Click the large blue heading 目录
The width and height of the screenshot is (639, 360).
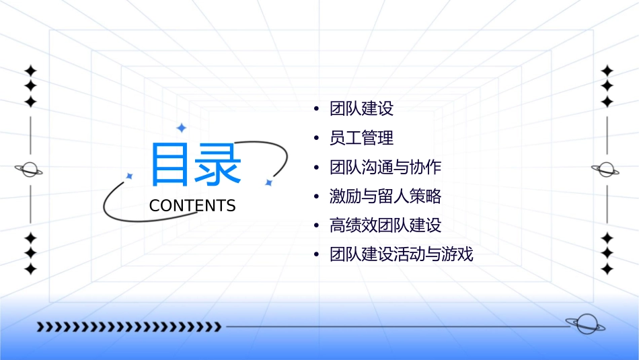pyautogui.click(x=195, y=164)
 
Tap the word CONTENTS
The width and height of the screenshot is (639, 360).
pyautogui.click(x=192, y=206)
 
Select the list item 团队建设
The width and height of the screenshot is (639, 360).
pyautogui.click(x=361, y=109)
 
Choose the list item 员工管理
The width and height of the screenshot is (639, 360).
pyautogui.click(x=361, y=139)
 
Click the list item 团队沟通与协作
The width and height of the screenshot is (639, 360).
pyautogui.click(x=385, y=168)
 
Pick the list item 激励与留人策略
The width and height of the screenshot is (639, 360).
pyautogui.click(x=385, y=196)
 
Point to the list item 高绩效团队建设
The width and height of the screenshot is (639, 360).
pyautogui.click(x=385, y=226)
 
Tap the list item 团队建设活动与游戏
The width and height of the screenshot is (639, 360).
pyautogui.click(x=401, y=255)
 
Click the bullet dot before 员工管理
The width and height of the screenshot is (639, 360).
pyautogui.click(x=317, y=139)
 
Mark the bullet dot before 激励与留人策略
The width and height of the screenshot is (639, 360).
pyautogui.click(x=317, y=197)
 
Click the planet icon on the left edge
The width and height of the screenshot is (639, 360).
pyautogui.click(x=29, y=170)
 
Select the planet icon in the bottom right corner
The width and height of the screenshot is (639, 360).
pyautogui.click(x=585, y=324)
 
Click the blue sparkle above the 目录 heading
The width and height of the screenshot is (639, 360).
pyautogui.click(x=181, y=127)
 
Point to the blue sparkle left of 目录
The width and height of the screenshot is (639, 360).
pyautogui.click(x=130, y=176)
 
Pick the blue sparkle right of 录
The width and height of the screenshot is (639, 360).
pyautogui.click(x=268, y=182)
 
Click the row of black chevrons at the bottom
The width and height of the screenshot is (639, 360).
pyautogui.click(x=128, y=327)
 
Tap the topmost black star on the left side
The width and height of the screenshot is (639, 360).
pyautogui.click(x=30, y=71)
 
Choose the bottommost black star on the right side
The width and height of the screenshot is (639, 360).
pyautogui.click(x=607, y=269)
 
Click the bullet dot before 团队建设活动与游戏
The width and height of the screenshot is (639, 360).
pyautogui.click(x=317, y=256)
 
